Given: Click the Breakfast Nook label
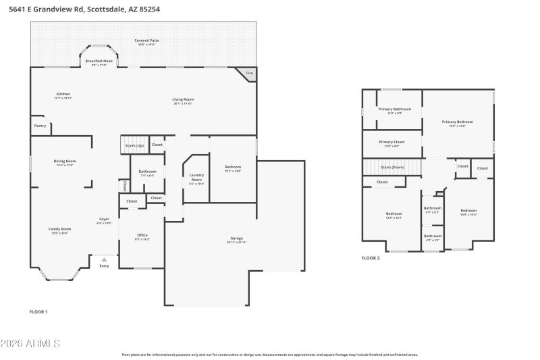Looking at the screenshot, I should pos(99,61).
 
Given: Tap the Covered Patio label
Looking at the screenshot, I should pos(146,41).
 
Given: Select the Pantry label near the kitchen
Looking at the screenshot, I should pos(40,125).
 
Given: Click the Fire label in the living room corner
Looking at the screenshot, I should pos(250,73).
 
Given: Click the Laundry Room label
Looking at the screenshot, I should pos(196,178).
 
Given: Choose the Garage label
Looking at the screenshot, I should pos(236,238).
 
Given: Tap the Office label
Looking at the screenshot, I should pos(142,235).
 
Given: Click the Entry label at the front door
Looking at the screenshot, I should pos(104,265).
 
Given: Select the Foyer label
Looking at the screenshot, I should pos(104,219).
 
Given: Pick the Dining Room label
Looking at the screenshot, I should pos(65,161).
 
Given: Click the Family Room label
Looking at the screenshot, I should pos(59,229).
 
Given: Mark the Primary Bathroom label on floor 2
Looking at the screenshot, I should pos(394,109).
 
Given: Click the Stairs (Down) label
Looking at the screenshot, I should pos(392,167).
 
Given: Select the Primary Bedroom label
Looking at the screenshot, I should pos(457,122).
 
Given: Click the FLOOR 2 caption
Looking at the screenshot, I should pos(371,258).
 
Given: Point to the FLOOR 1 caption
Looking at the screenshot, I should pos(38,311).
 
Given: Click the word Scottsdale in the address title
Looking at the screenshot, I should pos(99,9).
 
